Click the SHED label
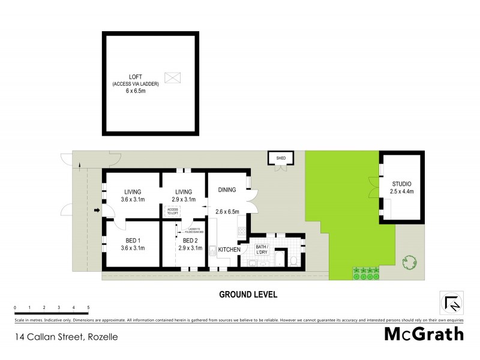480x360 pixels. pyautogui.click(x=280, y=158)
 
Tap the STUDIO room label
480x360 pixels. pyautogui.click(x=401, y=184)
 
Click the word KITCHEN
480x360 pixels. pyautogui.click(x=229, y=249)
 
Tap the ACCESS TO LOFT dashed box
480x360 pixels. pyautogui.click(x=173, y=211)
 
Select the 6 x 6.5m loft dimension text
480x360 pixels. pyautogui.click(x=135, y=91)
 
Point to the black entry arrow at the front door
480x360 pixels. pyautogui.click(x=97, y=210)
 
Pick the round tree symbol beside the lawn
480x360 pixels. pyautogui.click(x=410, y=263)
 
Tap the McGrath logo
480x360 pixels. pyautogui.click(x=424, y=334)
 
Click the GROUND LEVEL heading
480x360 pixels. pyautogui.click(x=247, y=295)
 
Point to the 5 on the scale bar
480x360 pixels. pyautogui.click(x=88, y=307)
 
